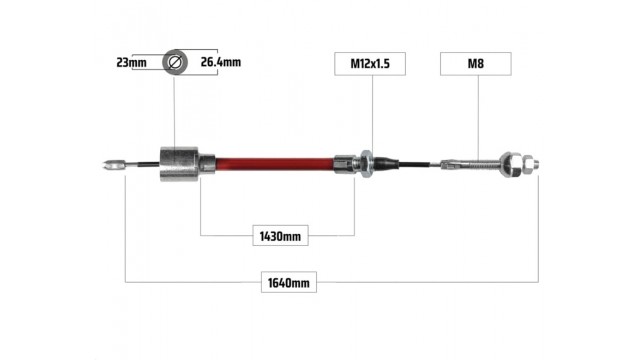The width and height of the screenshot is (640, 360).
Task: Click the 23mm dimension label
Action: pyautogui.click(x=131, y=62)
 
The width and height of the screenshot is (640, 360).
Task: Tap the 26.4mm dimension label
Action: pyautogui.click(x=221, y=62)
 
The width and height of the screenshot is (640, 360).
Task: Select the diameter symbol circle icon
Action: pyautogui.click(x=175, y=62)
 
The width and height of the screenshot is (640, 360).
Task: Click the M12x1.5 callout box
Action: pyautogui.click(x=370, y=64)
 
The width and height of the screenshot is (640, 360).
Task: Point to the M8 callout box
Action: pyautogui.click(x=476, y=64)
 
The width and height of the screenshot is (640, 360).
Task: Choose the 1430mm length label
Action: pyautogui.click(x=280, y=236)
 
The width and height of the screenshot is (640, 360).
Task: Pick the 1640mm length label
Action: pyautogui.click(x=289, y=282)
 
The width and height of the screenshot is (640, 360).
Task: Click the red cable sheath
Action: pyautogui.click(x=274, y=164)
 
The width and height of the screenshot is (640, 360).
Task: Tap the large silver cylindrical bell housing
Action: pyautogui.click(x=179, y=164)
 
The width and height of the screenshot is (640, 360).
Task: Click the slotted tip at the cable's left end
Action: pyautogui.click(x=113, y=165)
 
